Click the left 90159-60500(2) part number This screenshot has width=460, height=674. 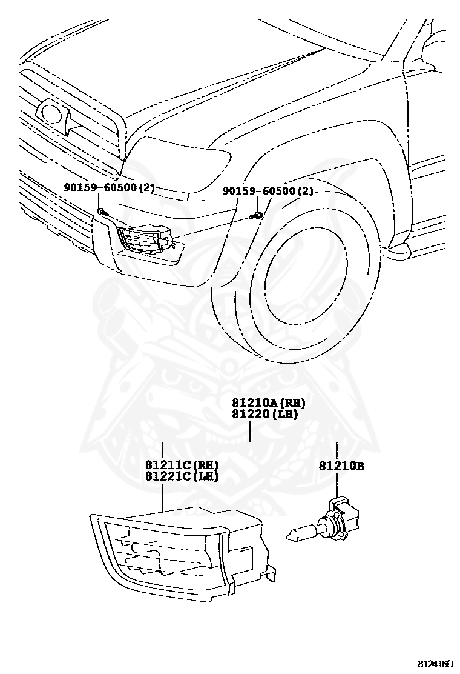[109, 188]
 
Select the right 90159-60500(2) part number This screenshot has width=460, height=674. [268, 191]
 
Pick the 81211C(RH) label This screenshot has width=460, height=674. [181, 465]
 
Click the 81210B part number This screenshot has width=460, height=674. [341, 466]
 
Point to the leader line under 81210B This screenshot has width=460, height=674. [337, 485]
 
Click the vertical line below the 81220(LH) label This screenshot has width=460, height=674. [250, 431]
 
